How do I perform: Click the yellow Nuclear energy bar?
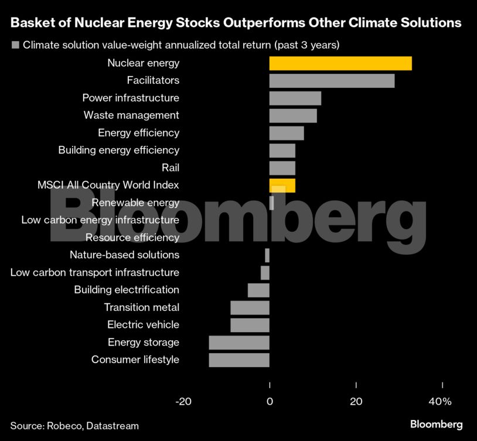pos(340,63)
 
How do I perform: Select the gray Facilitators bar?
pos(332,81)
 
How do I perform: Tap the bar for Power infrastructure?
pos(295,98)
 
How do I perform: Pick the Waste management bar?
pos(293,115)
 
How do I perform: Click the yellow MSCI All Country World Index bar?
pos(282,186)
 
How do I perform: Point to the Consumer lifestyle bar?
pos(239,360)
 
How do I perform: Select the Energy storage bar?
pos(239,343)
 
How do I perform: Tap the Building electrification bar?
pos(258,290)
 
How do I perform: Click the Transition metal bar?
pos(250,307)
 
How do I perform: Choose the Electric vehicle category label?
pos(143,325)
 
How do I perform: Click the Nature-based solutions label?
pos(124,255)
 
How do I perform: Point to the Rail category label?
pos(171,168)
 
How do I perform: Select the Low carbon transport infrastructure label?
pos(95,272)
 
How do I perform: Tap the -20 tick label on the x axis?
pos(183,402)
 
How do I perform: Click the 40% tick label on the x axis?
pos(440,402)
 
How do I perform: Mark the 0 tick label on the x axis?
pos(270,402)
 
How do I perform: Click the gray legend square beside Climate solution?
pos(15,45)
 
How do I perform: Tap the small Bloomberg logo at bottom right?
pos(436,424)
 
